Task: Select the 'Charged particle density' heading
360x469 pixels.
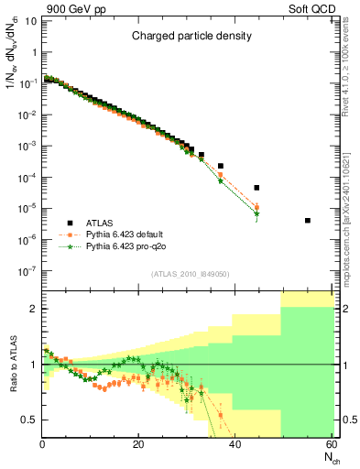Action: (191, 37)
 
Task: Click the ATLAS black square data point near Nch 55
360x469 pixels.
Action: (308, 221)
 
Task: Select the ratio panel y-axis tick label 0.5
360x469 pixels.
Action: (30, 420)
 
